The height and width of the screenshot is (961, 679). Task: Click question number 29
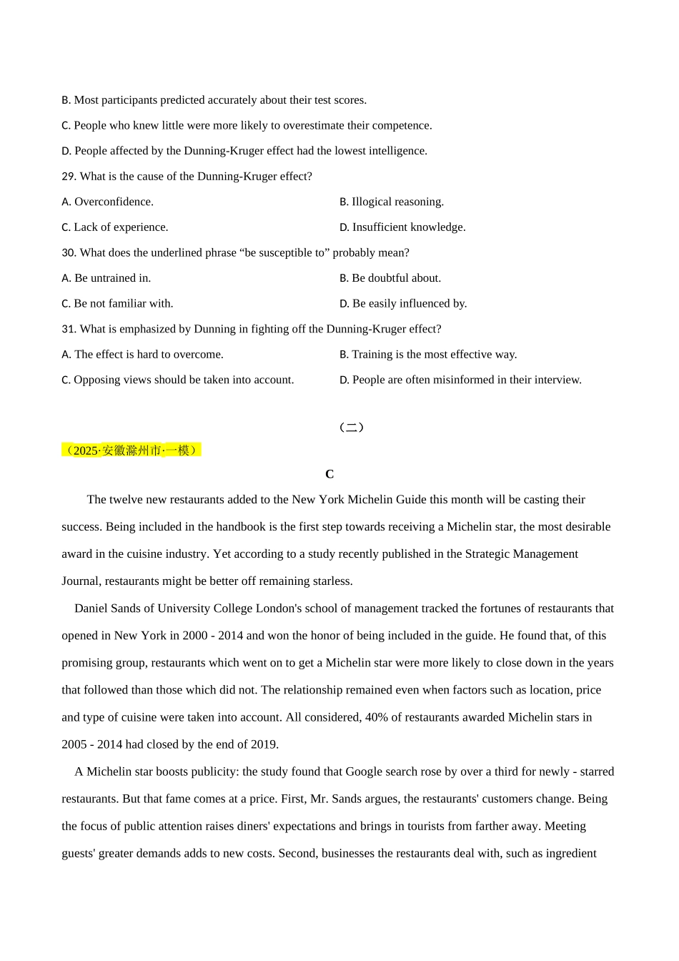coord(69,177)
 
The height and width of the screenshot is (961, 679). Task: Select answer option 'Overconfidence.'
coord(113,202)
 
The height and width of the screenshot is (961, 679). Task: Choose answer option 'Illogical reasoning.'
coord(397,202)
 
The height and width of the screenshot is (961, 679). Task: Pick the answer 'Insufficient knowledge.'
coord(408,227)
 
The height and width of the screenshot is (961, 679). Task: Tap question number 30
coord(69,253)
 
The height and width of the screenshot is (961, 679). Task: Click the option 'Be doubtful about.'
coord(396,278)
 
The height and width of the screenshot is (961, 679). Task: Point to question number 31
coord(69,329)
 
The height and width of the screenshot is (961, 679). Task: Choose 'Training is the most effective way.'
coord(434,355)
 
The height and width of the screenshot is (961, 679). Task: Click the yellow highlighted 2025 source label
coord(132,450)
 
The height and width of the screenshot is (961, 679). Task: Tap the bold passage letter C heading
coord(329,474)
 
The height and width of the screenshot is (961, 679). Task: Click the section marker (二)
coord(351,428)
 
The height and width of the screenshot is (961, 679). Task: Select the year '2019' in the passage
coord(263,744)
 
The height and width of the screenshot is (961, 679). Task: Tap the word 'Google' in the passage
coord(365,772)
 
